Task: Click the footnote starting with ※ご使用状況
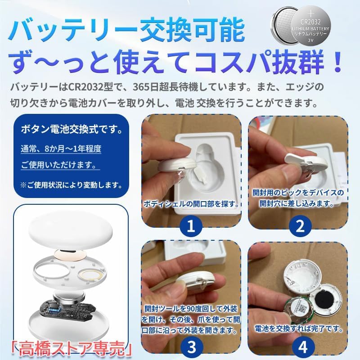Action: pos(70,184)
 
